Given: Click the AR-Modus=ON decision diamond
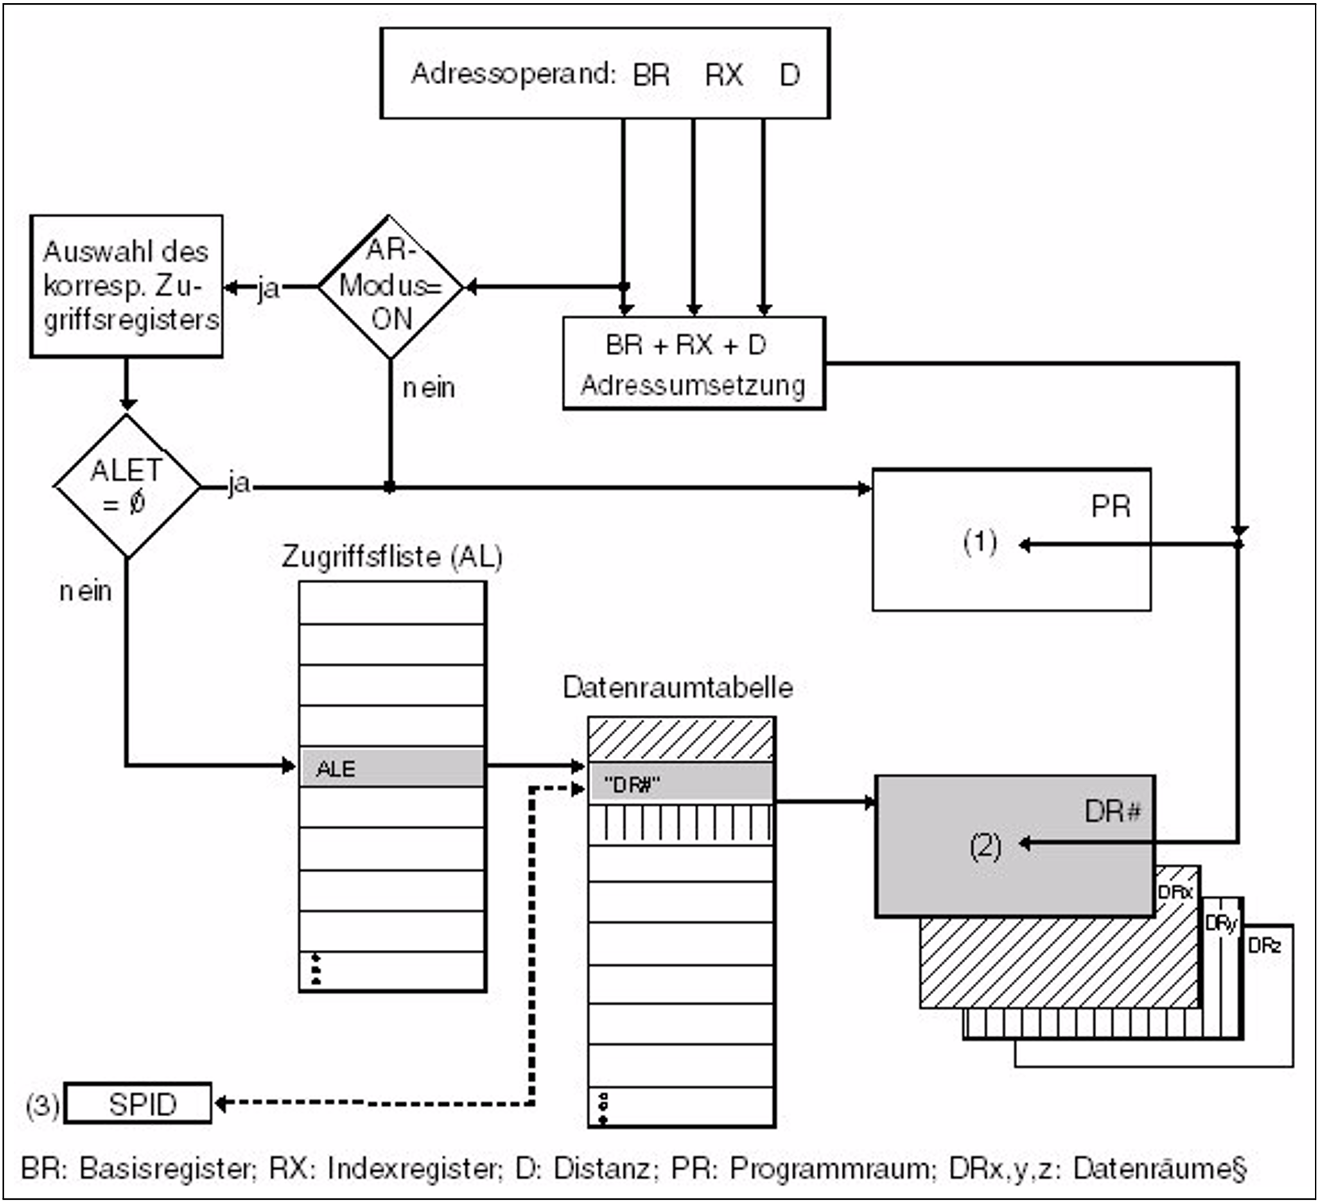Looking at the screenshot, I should [391, 286].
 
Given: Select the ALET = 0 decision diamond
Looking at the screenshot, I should [127, 487].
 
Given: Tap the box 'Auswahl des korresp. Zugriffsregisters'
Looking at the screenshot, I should [127, 286].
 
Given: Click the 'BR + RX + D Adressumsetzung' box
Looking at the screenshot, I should [694, 364].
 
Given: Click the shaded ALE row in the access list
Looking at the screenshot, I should [392, 768].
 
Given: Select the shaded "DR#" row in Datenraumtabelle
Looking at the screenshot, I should [681, 784].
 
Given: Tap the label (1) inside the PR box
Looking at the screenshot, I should [980, 542].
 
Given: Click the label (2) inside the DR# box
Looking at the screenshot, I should [985, 847].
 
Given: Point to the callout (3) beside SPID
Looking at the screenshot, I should [42, 1105].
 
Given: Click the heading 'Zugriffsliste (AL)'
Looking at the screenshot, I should [392, 557].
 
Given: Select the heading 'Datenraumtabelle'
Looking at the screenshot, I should [678, 687].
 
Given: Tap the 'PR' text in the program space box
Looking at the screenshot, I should [1111, 506].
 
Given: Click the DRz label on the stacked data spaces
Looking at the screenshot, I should [1265, 946].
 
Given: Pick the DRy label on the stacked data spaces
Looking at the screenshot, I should [1221, 923].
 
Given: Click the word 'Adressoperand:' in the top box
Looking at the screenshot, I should [514, 73].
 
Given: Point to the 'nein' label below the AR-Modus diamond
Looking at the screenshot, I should [429, 388].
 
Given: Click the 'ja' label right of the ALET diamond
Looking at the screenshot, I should [239, 483].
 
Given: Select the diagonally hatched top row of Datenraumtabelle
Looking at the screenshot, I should [681, 740].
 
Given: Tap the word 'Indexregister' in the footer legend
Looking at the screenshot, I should [412, 1168].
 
